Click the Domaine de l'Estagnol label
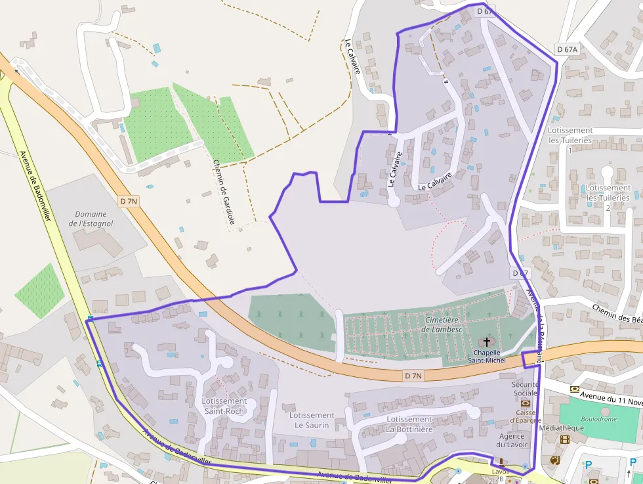point(91,219)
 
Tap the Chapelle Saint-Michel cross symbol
point(487,341)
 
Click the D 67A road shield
point(567,49)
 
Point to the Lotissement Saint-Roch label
point(224,406)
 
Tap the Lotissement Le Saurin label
point(312,420)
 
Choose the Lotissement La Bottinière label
point(409,424)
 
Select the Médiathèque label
point(560,428)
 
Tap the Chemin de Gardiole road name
point(224,192)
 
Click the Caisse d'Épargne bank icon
point(525,403)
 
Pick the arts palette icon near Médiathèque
point(554,460)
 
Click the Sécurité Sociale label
point(525,389)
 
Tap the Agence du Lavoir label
point(512,440)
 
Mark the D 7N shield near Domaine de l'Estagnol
point(129,200)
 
